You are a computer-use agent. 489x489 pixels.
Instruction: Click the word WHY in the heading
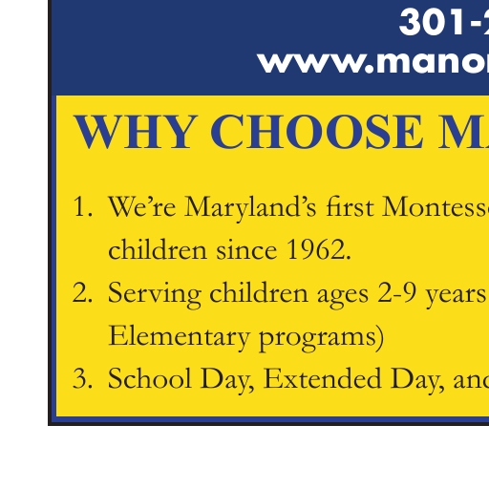click(x=134, y=131)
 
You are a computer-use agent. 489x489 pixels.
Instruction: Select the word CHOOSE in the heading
click(x=317, y=131)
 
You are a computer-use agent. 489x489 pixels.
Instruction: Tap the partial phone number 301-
click(x=444, y=22)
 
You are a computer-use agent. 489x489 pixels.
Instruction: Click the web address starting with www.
click(x=372, y=63)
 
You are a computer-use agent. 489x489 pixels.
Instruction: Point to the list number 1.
click(x=83, y=206)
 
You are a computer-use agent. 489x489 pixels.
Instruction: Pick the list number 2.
click(x=83, y=292)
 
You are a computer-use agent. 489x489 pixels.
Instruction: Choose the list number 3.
click(x=83, y=378)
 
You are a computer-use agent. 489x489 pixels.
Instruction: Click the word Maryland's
click(x=250, y=208)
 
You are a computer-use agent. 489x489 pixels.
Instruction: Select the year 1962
click(x=319, y=249)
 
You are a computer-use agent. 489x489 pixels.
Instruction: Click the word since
click(x=246, y=249)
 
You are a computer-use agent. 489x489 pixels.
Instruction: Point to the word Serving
click(x=155, y=294)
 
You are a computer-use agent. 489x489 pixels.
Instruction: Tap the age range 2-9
click(x=397, y=292)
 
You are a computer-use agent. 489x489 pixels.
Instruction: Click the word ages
click(x=343, y=296)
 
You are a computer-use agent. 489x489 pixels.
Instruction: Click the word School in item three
click(x=150, y=378)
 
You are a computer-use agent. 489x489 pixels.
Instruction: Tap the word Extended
click(x=323, y=378)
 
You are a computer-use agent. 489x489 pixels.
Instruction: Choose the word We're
click(x=142, y=206)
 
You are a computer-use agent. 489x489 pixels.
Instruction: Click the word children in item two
click(x=259, y=292)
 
